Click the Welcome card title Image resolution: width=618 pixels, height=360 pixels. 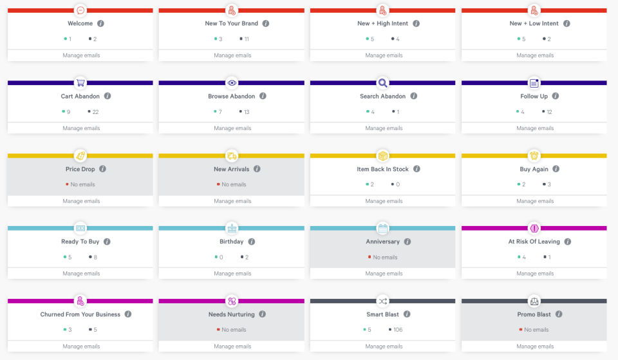click(80, 24)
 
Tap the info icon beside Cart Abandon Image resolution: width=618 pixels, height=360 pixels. click(108, 96)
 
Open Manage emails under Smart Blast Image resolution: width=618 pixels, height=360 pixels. click(384, 346)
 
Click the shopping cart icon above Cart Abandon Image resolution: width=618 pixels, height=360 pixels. click(80, 82)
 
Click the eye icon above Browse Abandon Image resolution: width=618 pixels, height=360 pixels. click(232, 82)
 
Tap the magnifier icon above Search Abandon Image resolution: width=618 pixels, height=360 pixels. click(383, 82)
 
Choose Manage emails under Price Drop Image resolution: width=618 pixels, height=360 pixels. click(81, 201)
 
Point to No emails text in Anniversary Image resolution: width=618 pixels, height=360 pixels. click(385, 257)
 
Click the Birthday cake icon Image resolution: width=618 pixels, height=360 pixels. click(232, 228)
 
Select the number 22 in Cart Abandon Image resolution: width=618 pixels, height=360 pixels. click(95, 112)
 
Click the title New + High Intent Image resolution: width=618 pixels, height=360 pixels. click(382, 24)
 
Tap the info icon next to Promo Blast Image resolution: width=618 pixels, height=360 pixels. click(559, 314)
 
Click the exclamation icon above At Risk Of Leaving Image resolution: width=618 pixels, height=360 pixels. click(534, 228)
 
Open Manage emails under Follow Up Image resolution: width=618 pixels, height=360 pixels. click(535, 128)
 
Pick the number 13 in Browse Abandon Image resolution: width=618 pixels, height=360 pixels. click(246, 112)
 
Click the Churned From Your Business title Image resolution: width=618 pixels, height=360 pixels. click(80, 315)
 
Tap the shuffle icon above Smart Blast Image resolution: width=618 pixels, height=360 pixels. click(383, 301)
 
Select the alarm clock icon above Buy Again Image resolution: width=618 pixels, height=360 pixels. click(534, 155)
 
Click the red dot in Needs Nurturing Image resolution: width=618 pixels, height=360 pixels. click(219, 330)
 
